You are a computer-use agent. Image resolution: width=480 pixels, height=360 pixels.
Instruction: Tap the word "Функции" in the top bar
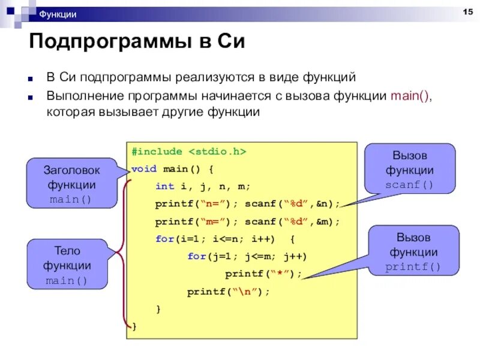(58, 14)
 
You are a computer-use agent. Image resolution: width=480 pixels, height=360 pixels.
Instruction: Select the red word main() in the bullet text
(410, 96)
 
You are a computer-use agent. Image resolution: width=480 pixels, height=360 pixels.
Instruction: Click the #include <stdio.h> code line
(189, 152)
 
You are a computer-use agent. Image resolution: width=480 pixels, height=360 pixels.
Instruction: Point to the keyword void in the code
(141, 169)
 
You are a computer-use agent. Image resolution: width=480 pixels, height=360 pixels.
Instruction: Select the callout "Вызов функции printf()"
(413, 251)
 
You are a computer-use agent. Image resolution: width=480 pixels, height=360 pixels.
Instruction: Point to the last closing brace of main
(134, 327)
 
